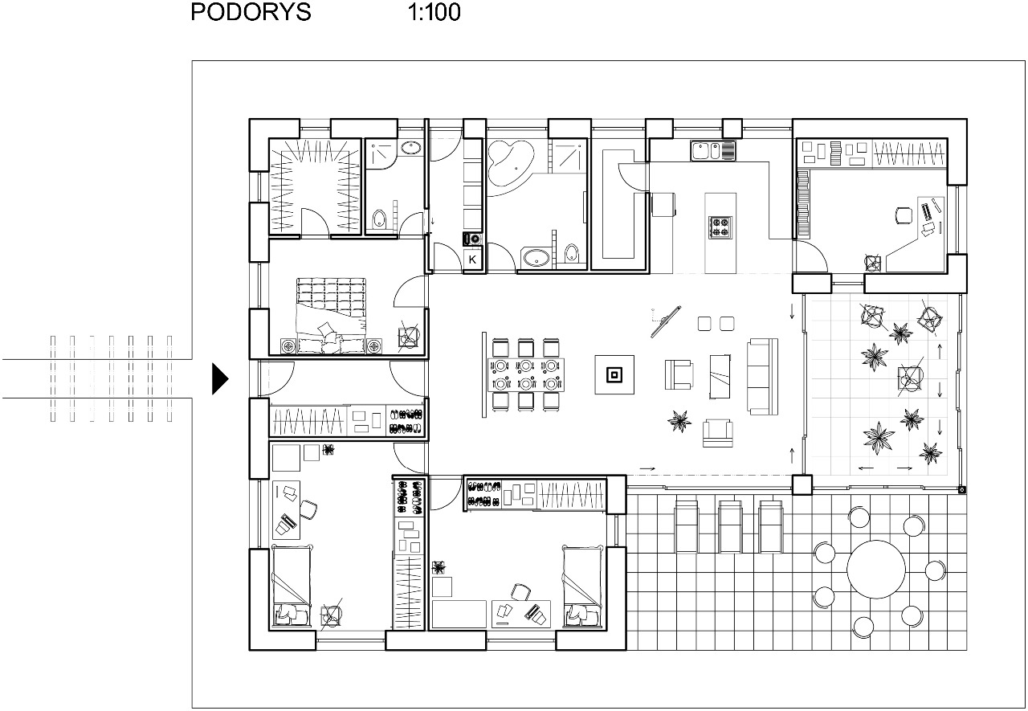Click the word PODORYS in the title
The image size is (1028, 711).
[251, 12]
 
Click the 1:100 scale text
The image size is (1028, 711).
[434, 12]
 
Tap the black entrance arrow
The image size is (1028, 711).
[220, 378]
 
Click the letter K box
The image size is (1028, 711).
[472, 259]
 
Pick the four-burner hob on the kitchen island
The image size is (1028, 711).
[720, 227]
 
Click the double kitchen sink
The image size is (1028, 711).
[712, 151]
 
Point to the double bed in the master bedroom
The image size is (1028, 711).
[331, 316]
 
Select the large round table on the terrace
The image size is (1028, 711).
[875, 569]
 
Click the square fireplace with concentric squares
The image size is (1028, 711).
[614, 374]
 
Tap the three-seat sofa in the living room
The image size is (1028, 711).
[762, 376]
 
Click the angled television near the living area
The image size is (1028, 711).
[666, 321]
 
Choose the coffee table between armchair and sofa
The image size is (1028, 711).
[720, 376]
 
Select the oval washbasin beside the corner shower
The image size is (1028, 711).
[410, 147]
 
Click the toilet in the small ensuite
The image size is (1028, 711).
[379, 219]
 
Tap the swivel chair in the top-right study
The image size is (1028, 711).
[904, 215]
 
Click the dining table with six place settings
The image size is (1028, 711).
[526, 374]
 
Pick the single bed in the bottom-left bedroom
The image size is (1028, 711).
[292, 586]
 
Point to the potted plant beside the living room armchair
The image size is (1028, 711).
[679, 420]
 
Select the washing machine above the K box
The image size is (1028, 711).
[472, 239]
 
